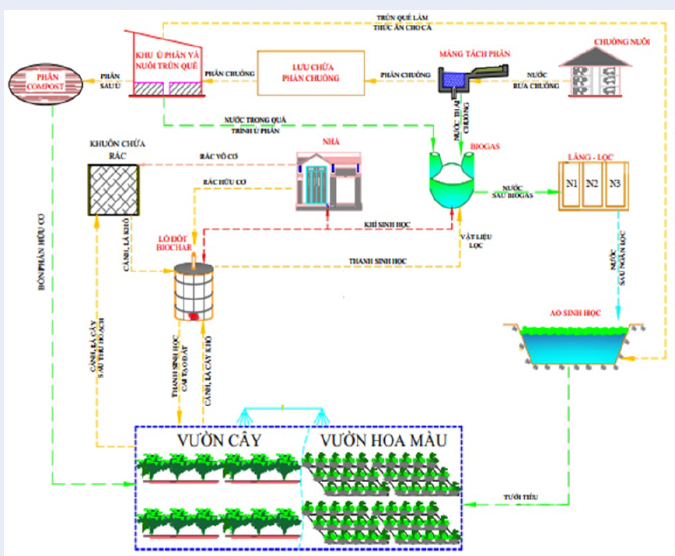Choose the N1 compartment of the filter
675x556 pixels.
[x=573, y=186]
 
